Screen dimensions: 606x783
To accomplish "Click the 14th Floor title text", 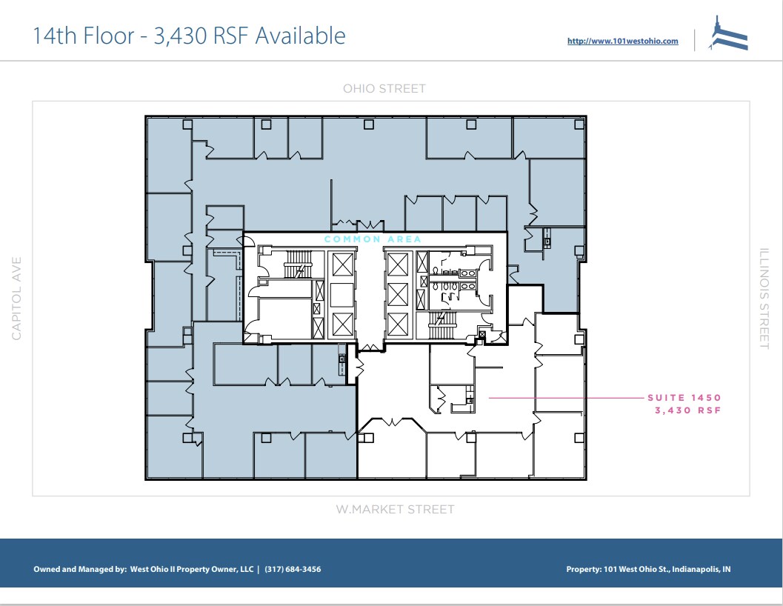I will tap(189, 36).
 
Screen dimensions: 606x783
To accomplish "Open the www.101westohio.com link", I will tap(622, 41).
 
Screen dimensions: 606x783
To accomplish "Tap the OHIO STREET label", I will tap(384, 89).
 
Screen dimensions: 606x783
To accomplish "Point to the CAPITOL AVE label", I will tap(17, 299).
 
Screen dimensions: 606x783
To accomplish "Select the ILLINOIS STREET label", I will tap(764, 299).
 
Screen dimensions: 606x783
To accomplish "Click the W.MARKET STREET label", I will tap(395, 510).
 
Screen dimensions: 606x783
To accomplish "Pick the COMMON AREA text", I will tap(373, 239).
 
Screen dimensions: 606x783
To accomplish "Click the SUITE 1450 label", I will tap(684, 398).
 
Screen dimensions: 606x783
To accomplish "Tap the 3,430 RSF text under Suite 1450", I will tap(687, 410).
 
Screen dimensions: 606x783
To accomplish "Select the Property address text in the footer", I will tap(648, 569).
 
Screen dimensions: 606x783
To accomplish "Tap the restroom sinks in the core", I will tap(468, 273).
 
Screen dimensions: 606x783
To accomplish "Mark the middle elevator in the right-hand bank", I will tap(398, 293).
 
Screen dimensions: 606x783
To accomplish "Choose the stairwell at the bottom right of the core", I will tap(443, 324).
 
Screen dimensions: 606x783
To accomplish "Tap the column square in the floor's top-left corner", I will tap(187, 124).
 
